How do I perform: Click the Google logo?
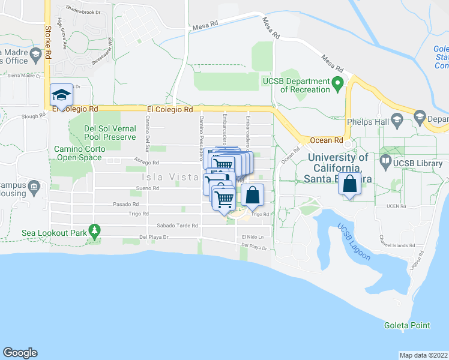(20, 353)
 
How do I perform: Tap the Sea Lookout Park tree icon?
(94, 230)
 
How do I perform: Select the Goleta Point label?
(407, 325)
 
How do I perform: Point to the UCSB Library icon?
(385, 161)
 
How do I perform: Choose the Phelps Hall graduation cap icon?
(397, 122)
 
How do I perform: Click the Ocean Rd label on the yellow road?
(326, 140)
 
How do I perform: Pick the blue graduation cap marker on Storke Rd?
(61, 95)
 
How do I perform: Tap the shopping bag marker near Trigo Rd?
(253, 196)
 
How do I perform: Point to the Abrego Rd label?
(146, 162)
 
